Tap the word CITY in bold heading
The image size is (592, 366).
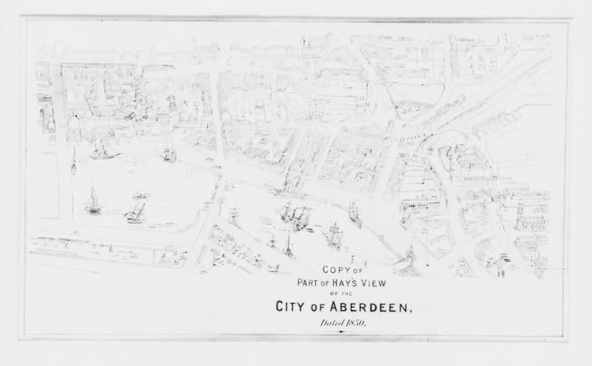pyautogui.click(x=294, y=307)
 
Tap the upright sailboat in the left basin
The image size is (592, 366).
pyautogui.click(x=92, y=202)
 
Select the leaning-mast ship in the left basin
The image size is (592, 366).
pyautogui.click(x=135, y=211)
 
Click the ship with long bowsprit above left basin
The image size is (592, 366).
pyautogui.click(x=102, y=151)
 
